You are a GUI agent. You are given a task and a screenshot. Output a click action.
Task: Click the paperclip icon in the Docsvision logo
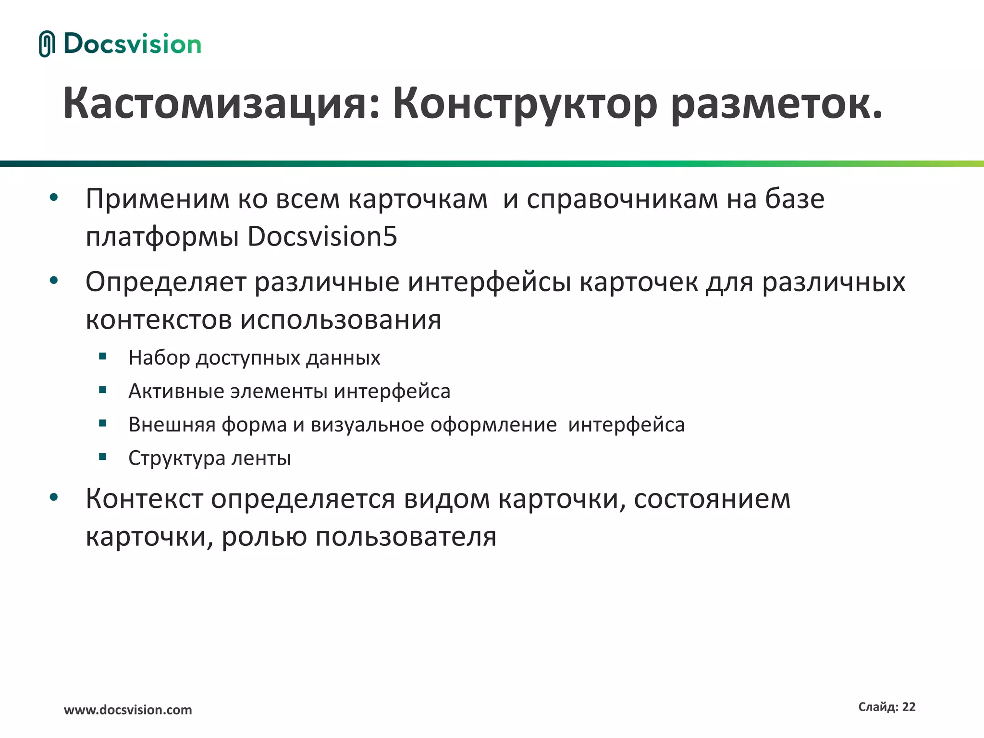[47, 44]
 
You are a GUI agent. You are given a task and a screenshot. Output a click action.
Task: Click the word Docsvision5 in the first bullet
[322, 236]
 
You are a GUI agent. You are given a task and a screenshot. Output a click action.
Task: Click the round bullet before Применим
[54, 197]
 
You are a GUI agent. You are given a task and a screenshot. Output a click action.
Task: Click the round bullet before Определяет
[54, 280]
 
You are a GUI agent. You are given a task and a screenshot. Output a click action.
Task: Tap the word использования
[340, 320]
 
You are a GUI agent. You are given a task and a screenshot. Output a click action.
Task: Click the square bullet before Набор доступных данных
[102, 357]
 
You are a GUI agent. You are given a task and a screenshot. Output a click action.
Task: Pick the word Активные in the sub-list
[176, 391]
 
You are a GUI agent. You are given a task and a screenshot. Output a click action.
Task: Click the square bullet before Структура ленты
[102, 457]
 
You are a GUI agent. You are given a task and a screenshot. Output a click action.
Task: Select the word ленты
[261, 458]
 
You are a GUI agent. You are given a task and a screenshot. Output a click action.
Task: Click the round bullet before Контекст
[54, 497]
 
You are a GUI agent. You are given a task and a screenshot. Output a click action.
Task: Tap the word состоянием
[712, 499]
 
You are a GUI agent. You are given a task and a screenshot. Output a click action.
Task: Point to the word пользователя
[406, 537]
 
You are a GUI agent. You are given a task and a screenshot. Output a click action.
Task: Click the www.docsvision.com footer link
[128, 710]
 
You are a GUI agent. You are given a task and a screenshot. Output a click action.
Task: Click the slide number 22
[909, 707]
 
